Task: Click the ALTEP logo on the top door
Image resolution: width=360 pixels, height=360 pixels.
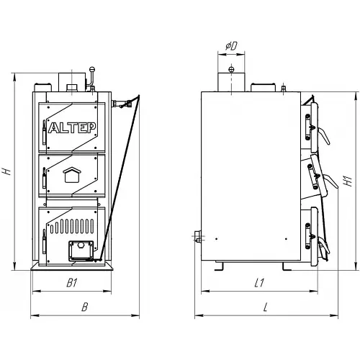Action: [x=72, y=127]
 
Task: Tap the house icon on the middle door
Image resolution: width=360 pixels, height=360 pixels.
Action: [x=72, y=174]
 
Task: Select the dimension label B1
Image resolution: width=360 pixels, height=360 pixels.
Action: [x=72, y=283]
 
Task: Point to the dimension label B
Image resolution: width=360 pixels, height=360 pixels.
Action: [x=85, y=307]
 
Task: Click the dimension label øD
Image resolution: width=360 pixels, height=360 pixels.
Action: [x=231, y=45]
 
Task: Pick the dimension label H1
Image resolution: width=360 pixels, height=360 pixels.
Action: [x=348, y=181]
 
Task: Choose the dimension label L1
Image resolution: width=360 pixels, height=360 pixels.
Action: [x=259, y=283]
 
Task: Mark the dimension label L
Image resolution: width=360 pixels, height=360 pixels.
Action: [x=265, y=307]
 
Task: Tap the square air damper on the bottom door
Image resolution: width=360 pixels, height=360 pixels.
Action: [x=81, y=251]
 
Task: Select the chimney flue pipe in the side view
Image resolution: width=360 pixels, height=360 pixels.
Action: [x=231, y=82]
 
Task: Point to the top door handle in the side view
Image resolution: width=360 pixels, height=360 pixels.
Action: [x=325, y=136]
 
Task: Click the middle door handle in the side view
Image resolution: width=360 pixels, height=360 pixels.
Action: [x=332, y=181]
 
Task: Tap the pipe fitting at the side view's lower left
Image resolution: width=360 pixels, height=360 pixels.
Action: [x=198, y=236]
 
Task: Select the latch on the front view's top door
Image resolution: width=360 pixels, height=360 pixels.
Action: [x=44, y=132]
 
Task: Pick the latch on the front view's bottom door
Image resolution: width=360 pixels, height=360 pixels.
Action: [x=44, y=241]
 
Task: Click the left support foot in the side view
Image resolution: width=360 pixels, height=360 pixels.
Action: [x=219, y=266]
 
